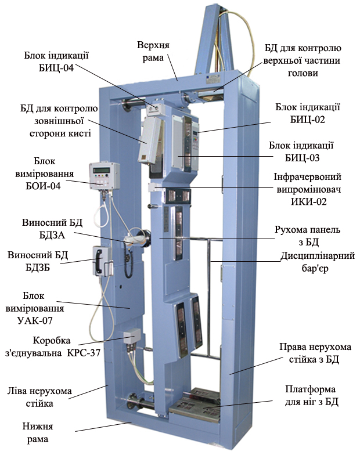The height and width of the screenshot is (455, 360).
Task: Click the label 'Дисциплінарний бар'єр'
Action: (317, 262)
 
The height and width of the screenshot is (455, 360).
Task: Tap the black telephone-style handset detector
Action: (100, 261)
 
